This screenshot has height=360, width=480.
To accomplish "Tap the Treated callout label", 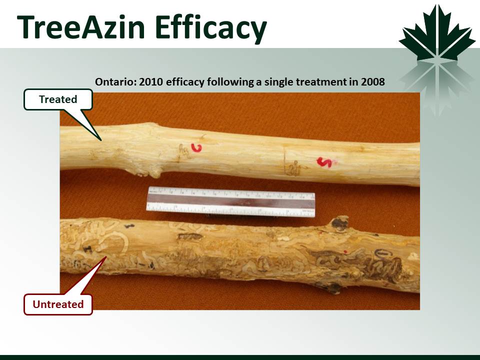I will tap(58, 99).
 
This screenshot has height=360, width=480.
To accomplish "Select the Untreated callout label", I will tap(58, 304).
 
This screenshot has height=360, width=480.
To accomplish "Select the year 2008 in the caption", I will tap(372, 82).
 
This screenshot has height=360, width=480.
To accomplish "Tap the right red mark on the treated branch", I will tap(324, 162).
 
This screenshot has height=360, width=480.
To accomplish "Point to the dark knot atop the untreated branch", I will tap(340, 223).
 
